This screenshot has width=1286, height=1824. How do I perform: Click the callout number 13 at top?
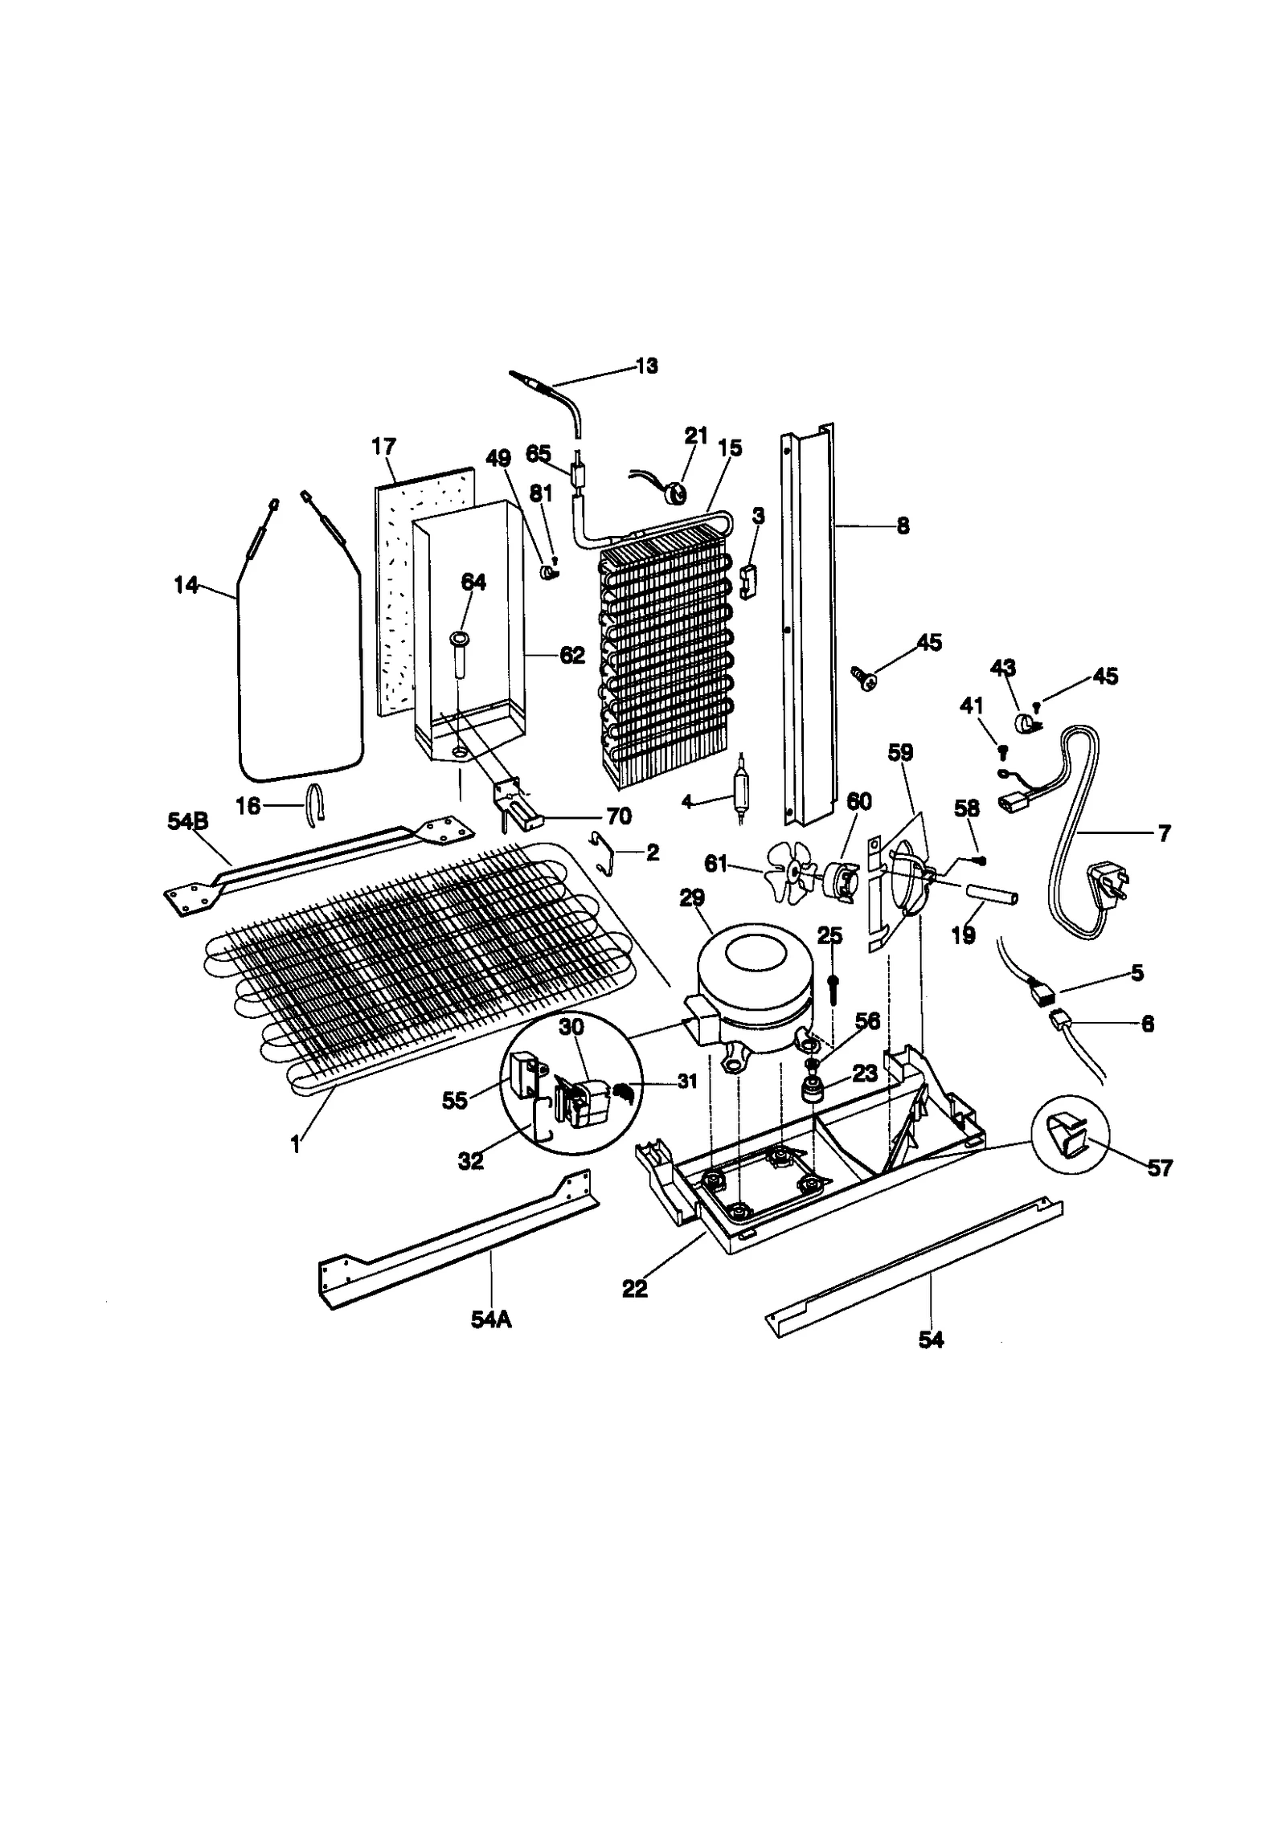point(645,366)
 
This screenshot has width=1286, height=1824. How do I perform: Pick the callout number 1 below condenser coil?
point(296,1143)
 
